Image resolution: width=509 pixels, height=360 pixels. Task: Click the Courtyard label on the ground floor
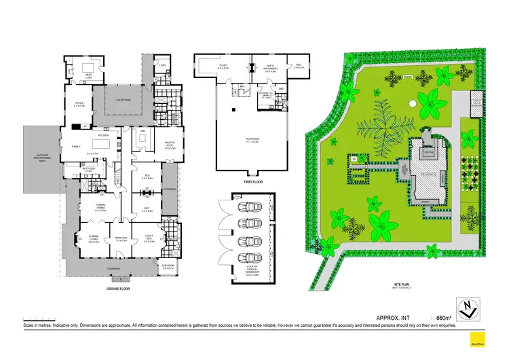pyautogui.click(x=124, y=100)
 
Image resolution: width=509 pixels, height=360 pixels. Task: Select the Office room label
pyautogui.click(x=79, y=105)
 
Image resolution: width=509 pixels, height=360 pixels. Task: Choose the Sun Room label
pyautogui.click(x=169, y=267)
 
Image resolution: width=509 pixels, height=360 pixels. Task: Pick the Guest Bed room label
pyautogui.click(x=148, y=239)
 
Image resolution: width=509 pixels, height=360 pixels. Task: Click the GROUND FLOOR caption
pyautogui.click(x=117, y=288)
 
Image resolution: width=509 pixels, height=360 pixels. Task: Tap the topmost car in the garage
pyautogui.click(x=248, y=206)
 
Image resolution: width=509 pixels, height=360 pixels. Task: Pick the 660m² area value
pyautogui.click(x=445, y=317)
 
